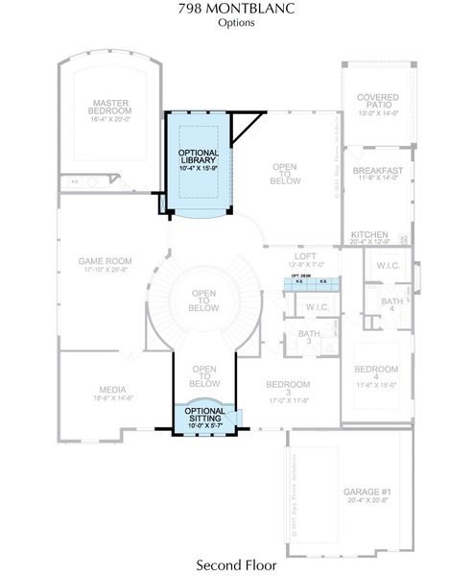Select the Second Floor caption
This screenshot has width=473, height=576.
click(x=235, y=564)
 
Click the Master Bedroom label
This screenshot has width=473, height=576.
click(x=111, y=110)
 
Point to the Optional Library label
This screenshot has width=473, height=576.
click(x=199, y=158)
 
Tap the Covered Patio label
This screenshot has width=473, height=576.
click(x=377, y=104)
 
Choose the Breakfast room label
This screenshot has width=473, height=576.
click(x=377, y=174)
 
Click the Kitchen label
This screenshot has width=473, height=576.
click(x=369, y=238)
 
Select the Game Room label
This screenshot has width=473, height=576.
click(x=105, y=264)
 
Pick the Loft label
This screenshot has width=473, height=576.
click(x=304, y=259)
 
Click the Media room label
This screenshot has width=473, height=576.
click(x=112, y=394)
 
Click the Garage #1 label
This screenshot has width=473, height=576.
click(x=361, y=495)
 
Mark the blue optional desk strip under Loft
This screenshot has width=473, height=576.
click(x=311, y=281)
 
